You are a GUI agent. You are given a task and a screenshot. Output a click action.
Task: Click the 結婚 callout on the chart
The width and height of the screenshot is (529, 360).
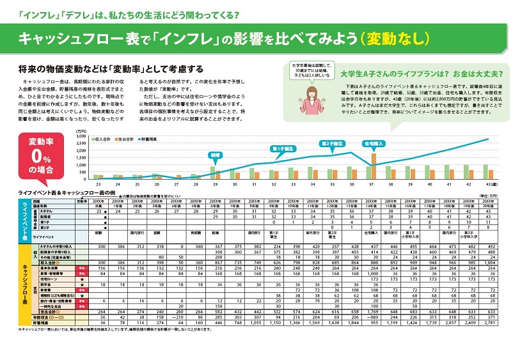tap(214, 154)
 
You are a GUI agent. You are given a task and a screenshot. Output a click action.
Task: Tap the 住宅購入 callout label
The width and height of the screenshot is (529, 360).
tap(372, 144)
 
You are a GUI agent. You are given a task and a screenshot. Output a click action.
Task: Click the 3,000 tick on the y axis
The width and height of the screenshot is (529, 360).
tap(83, 136)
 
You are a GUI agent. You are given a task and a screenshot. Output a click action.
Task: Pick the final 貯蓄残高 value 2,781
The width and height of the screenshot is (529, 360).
tap(488, 322)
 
